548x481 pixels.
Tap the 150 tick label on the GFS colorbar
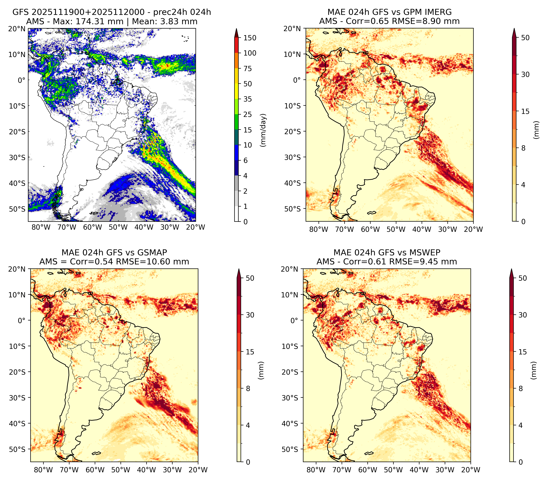pos(250,38)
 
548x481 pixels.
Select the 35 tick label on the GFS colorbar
pos(248,99)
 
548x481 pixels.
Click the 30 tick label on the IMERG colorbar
pos(525,74)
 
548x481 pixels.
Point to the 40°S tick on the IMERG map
pos(293,183)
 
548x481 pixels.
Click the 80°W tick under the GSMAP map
pos(44,470)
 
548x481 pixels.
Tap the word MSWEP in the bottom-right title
pos(427,253)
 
